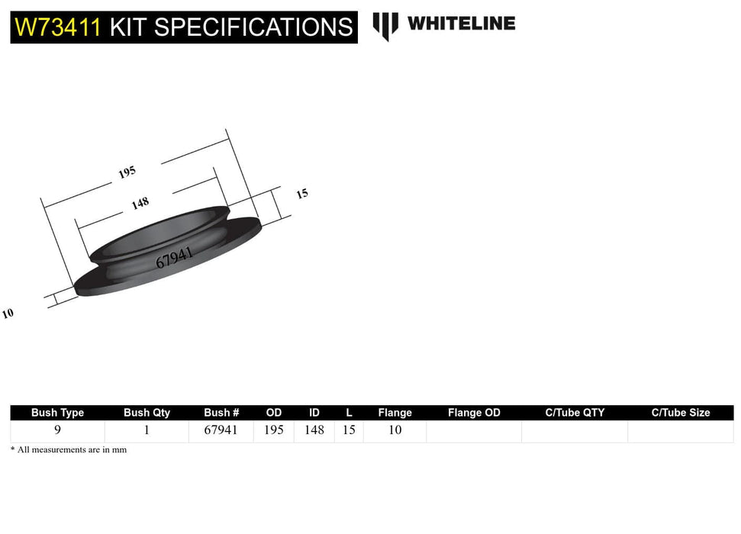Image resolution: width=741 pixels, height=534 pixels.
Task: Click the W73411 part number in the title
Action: point(58,27)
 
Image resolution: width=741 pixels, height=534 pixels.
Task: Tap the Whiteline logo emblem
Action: point(385,25)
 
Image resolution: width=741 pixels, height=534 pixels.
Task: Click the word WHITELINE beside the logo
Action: point(461,24)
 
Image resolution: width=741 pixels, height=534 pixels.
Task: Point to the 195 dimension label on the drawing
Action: point(127,172)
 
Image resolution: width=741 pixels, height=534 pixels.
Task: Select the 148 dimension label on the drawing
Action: point(140,203)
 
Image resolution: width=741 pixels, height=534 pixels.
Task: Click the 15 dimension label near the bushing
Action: point(302,194)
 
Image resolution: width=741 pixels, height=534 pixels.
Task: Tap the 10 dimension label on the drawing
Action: point(8,314)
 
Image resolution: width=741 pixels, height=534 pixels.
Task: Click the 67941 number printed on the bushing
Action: point(174,257)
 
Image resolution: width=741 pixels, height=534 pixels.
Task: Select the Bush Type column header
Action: point(57,413)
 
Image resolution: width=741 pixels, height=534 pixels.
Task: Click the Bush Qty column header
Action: point(147,413)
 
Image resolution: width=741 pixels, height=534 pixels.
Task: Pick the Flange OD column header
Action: point(474,413)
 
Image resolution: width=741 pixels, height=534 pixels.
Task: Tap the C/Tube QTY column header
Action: point(575,413)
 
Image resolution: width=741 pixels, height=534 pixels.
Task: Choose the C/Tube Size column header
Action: point(680,413)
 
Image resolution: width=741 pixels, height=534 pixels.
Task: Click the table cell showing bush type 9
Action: point(57,430)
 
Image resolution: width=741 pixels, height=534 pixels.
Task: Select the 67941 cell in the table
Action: point(221,430)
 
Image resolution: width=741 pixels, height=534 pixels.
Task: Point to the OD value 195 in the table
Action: point(273,430)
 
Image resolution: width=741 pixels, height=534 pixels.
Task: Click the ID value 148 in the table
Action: point(314,430)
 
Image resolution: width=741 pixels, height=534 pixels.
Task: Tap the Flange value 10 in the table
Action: point(395,430)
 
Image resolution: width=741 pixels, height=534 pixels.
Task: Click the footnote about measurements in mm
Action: point(69,450)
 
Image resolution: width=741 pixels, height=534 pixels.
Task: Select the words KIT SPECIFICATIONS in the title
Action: point(230,27)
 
